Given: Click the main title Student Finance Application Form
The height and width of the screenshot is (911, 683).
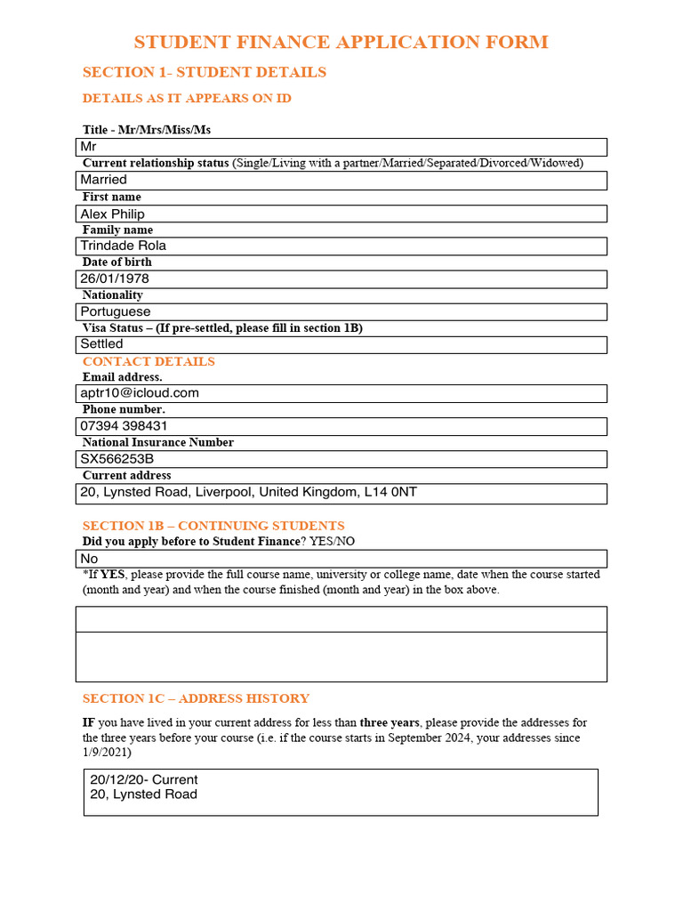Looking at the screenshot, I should [341, 42].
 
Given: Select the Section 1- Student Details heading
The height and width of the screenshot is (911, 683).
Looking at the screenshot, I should [204, 72].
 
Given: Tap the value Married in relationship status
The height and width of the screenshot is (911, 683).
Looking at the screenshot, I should [103, 180].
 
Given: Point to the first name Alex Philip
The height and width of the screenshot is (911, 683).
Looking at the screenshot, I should [112, 214].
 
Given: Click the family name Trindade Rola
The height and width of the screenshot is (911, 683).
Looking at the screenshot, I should [123, 246].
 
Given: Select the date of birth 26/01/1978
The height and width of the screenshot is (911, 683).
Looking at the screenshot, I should [115, 278].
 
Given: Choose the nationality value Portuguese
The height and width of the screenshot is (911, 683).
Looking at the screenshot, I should [115, 311].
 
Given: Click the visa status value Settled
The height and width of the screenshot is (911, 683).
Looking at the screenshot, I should [101, 343].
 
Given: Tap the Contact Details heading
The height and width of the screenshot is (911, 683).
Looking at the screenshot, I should [149, 361].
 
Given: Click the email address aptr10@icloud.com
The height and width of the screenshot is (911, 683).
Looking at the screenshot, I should [140, 392].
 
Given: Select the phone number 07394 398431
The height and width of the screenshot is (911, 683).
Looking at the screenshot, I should [124, 425].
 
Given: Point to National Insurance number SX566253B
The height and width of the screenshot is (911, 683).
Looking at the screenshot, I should [117, 459].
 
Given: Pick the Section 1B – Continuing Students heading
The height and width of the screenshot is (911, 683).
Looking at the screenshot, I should [213, 526].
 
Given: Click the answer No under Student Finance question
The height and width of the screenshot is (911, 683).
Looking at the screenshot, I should [89, 558].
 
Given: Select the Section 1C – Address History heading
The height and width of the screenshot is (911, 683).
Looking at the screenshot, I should [196, 698].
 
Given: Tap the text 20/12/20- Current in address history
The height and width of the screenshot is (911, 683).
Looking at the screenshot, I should [144, 779].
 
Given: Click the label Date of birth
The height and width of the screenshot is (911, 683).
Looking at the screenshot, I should [117, 262].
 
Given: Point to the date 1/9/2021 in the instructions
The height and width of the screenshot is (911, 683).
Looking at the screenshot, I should [107, 752].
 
